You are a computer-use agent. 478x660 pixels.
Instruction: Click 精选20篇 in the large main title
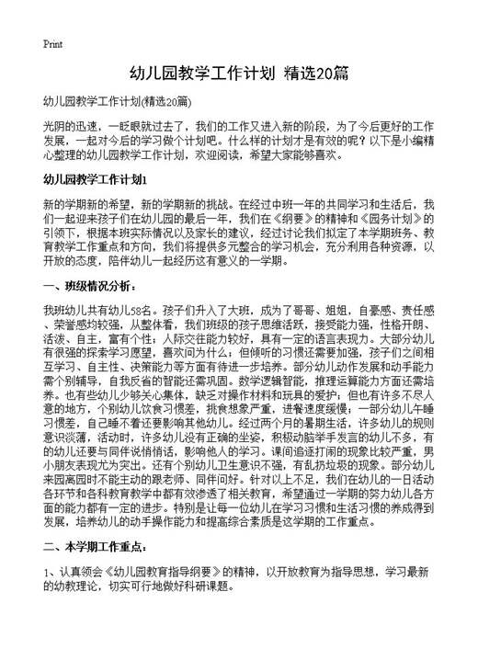coord(316,74)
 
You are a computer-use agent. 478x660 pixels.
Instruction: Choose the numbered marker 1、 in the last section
coord(51,597)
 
